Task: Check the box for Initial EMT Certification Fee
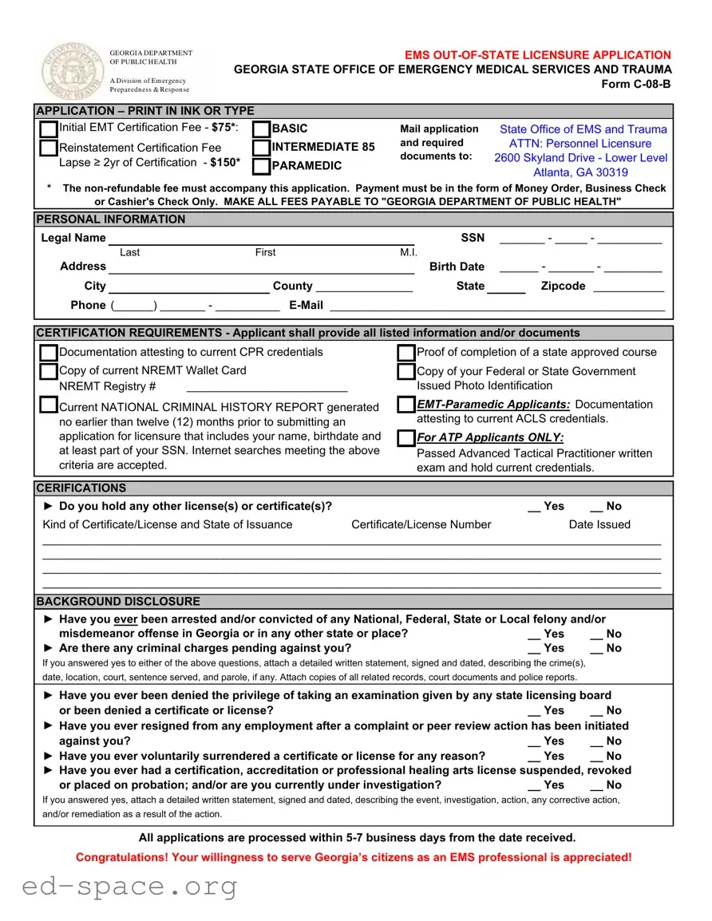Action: pyautogui.click(x=49, y=129)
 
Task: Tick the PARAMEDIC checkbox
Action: pyautogui.click(x=261, y=167)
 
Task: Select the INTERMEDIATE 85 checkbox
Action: pyautogui.click(x=261, y=148)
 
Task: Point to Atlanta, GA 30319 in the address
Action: pyautogui.click(x=580, y=172)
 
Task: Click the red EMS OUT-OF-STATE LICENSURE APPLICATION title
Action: pyautogui.click(x=537, y=55)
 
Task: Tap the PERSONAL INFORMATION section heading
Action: pyautogui.click(x=111, y=219)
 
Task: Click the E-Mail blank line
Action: pyautogui.click(x=496, y=306)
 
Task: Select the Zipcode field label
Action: pyautogui.click(x=563, y=286)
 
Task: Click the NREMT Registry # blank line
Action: pyautogui.click(x=267, y=387)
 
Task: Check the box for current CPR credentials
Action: pyautogui.click(x=49, y=353)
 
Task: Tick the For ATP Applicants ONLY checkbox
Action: pyautogui.click(x=406, y=438)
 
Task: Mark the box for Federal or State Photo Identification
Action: pyautogui.click(x=406, y=372)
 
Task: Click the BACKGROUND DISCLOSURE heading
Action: pyautogui.click(x=118, y=602)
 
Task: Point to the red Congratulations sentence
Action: pyautogui.click(x=354, y=857)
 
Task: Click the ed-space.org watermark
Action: pyautogui.click(x=130, y=885)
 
